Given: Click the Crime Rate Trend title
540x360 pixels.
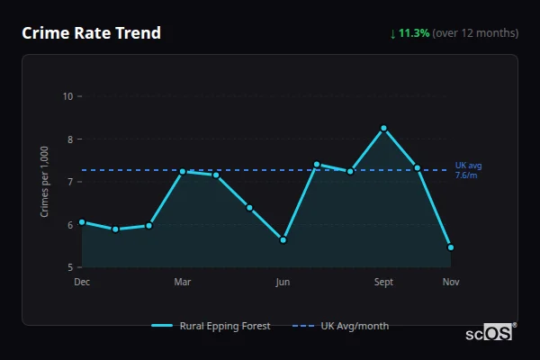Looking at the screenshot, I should pos(92,33).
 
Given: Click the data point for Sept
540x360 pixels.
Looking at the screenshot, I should pos(383,128).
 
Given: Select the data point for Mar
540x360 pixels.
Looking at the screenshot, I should pos(183,171).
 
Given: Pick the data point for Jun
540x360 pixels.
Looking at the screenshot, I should pos(283,240).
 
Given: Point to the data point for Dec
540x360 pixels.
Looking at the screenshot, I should pos(82,221).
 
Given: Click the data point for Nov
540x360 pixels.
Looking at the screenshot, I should pos(450,247).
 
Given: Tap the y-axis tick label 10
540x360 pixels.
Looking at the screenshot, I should pos(67,96).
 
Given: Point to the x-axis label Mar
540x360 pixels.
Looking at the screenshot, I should pos(183,283).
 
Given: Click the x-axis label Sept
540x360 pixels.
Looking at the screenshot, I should pos(383,283).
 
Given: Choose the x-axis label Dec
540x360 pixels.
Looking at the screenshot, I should pos(82,283).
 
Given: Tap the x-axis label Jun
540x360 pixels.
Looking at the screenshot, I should pos(283,283).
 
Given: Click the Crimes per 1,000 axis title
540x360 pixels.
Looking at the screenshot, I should pos(44,181).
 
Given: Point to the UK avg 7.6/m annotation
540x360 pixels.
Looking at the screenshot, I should pos(469,170).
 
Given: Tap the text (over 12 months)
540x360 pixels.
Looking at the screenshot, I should pos(475,33).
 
